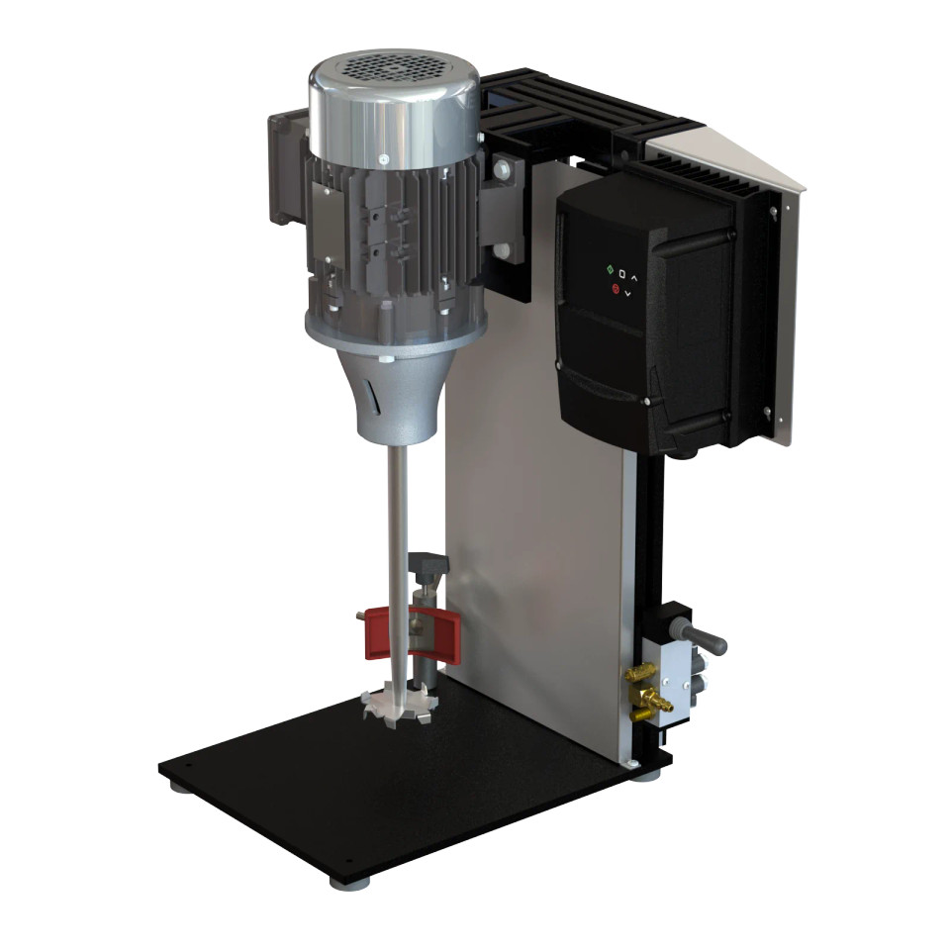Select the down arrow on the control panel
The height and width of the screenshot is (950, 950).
coord(633,292)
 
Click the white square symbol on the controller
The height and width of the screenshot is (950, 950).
coord(622,272)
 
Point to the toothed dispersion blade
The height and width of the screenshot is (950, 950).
coord(400,704)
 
